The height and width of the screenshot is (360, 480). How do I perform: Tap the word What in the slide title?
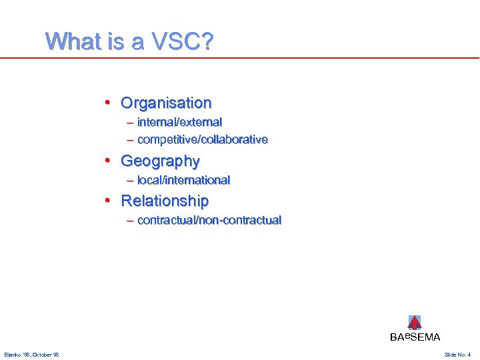[70, 43]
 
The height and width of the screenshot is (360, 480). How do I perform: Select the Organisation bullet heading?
[166, 103]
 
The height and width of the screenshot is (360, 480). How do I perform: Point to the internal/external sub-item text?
[179, 123]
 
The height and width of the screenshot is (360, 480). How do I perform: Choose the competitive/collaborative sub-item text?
[202, 140]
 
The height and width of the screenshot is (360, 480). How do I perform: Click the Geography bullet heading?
[160, 161]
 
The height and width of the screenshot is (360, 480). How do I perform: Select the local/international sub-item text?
[183, 180]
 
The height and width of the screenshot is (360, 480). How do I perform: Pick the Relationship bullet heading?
[165, 201]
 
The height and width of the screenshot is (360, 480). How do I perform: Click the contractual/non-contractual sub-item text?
[209, 221]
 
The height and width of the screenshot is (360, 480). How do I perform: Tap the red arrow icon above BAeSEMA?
[415, 323]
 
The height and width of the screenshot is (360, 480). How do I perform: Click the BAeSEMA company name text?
[415, 337]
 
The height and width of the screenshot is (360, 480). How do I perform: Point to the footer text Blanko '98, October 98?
[31, 355]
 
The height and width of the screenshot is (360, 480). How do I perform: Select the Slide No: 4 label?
[457, 355]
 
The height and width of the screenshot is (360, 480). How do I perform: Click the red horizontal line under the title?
[240, 58]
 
